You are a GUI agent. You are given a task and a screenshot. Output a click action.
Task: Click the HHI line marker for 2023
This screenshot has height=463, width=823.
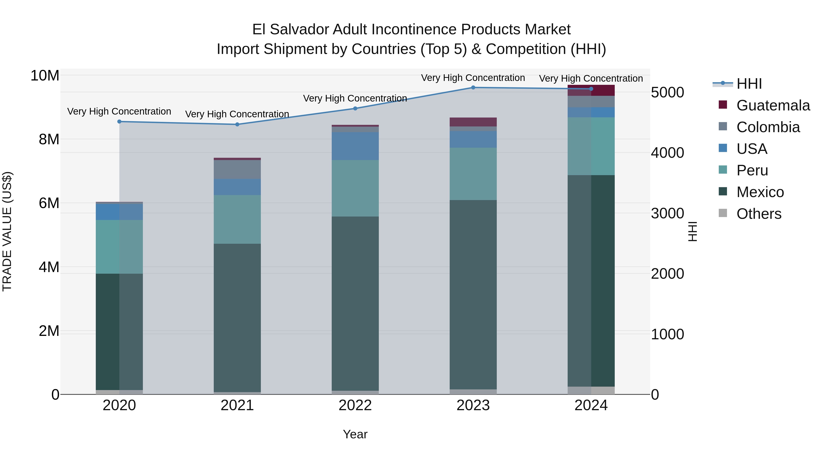(x=473, y=88)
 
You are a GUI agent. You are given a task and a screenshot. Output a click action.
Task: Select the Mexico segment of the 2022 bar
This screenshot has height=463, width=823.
(x=355, y=304)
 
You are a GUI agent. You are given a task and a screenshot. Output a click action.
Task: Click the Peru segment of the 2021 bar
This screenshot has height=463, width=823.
(x=237, y=219)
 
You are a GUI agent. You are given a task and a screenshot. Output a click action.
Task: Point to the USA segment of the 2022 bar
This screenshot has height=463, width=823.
(x=355, y=146)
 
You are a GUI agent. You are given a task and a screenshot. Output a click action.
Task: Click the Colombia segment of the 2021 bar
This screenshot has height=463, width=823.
(x=237, y=169)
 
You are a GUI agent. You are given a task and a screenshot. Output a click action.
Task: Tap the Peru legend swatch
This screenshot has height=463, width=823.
(x=723, y=170)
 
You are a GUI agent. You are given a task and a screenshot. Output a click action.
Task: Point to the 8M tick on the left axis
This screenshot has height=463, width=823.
(x=49, y=139)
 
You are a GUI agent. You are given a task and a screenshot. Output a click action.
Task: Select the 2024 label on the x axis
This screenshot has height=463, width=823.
(x=591, y=405)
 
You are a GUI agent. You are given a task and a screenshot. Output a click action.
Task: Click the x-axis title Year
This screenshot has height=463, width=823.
(x=355, y=434)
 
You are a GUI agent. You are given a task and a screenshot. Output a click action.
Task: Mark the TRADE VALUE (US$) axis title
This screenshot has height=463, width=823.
(x=7, y=231)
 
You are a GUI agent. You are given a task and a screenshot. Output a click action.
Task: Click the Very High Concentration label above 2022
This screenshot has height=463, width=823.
(x=355, y=98)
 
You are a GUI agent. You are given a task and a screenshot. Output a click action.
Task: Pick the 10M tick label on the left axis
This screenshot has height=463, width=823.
(x=45, y=76)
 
